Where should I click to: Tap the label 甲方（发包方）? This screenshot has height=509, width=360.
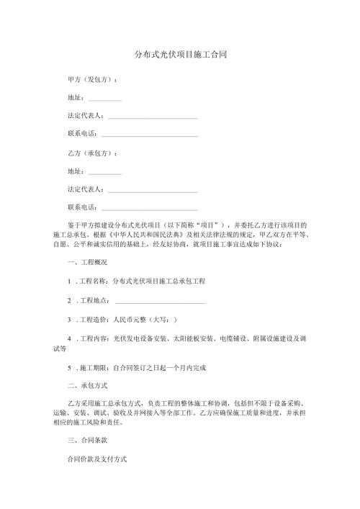click(92, 78)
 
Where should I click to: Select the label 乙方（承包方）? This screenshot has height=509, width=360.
click(92, 153)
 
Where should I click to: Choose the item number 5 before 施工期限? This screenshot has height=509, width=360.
click(68, 367)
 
